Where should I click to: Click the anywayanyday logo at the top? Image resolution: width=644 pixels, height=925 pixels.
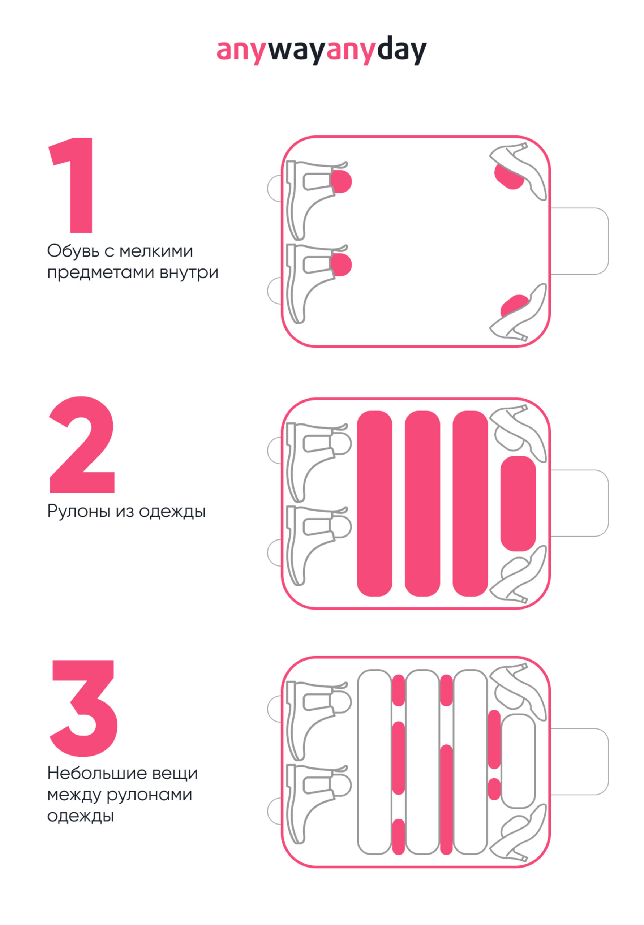321,50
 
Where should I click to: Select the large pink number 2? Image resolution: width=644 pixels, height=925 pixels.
82,444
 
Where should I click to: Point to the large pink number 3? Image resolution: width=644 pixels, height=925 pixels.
84,708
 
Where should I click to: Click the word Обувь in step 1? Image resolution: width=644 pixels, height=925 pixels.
73,251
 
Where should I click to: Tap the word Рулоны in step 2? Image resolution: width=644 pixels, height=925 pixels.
79,512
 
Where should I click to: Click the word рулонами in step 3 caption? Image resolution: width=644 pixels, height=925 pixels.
149,795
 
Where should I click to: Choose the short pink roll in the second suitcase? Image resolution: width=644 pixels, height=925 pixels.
518,503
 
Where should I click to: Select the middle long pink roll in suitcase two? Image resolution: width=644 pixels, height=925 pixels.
422,503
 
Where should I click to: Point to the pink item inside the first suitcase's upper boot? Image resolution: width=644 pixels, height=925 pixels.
342,181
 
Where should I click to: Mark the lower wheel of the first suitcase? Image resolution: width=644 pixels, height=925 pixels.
274,291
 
